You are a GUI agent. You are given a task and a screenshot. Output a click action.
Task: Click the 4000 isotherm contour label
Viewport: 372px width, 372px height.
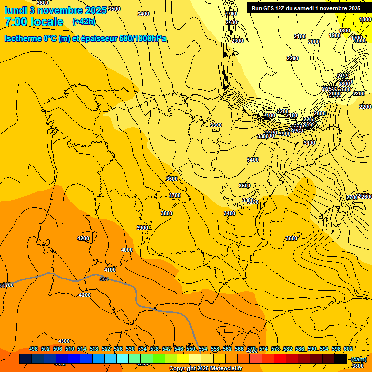click(x=126, y=250)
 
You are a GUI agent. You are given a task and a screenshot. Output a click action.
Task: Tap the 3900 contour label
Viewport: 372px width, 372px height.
click(x=142, y=228)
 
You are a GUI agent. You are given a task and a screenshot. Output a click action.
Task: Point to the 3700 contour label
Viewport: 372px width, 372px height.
click(x=175, y=195)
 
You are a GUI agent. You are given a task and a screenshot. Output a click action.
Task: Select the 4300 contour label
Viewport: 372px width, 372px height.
click(x=64, y=341)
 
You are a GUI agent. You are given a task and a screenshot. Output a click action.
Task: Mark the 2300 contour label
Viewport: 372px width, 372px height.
click(x=237, y=41)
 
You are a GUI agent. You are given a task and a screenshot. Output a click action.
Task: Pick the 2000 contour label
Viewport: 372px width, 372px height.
click(x=314, y=42)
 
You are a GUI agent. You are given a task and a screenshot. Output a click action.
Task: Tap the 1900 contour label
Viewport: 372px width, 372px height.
click(x=334, y=35)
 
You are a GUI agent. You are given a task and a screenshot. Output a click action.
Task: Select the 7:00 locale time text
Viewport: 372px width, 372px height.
click(x=34, y=22)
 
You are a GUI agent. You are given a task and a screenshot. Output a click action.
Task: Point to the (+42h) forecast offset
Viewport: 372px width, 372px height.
click(x=84, y=22)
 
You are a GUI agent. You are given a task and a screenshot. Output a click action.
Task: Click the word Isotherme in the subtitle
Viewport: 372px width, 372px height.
click(x=22, y=38)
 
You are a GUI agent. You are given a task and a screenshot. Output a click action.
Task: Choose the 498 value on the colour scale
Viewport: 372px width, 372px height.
click(x=33, y=349)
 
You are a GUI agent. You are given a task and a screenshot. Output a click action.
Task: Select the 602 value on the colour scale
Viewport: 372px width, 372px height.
click(x=348, y=349)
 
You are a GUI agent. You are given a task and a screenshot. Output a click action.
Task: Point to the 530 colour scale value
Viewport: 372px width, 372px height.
click(x=130, y=349)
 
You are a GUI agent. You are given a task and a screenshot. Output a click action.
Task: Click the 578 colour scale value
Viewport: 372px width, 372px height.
click(x=276, y=349)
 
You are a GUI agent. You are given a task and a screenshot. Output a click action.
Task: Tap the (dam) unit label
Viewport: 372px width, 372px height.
click(x=358, y=359)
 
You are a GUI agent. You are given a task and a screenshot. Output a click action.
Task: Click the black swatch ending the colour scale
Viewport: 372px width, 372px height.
click(x=341, y=359)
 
